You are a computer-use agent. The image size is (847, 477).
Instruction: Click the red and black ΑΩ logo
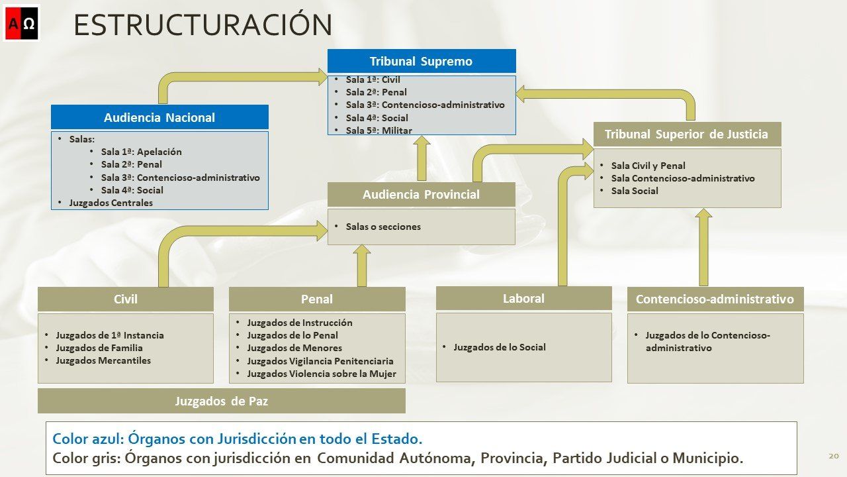tap(22, 23)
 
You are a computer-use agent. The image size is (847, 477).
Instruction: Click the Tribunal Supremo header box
tap(422, 61)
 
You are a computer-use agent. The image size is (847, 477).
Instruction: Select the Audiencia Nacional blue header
tap(159, 117)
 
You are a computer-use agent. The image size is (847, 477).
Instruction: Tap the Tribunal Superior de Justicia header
tap(687, 134)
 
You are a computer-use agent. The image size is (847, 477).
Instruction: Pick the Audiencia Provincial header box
tap(422, 194)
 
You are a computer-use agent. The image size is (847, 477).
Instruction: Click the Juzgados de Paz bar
tap(222, 401)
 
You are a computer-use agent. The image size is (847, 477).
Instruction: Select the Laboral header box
tap(523, 298)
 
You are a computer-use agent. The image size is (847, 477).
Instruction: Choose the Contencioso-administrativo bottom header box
tap(715, 299)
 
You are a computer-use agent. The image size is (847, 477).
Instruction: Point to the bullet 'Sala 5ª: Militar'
tap(379, 131)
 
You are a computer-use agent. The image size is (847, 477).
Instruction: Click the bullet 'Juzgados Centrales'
tap(111, 203)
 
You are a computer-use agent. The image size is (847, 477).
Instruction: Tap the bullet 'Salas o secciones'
tap(383, 227)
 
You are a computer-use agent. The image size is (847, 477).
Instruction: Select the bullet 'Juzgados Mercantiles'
tap(103, 360)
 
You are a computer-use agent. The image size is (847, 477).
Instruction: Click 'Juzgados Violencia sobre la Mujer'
tap(322, 374)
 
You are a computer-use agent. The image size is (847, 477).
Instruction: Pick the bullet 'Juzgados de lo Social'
tap(500, 347)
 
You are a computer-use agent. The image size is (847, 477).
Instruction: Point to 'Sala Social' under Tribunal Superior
tap(635, 191)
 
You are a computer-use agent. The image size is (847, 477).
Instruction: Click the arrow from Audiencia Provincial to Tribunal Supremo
tap(422, 158)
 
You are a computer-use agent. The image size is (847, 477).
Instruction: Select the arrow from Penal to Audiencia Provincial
tap(362, 266)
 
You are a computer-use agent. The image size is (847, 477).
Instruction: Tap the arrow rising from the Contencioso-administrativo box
tap(703, 247)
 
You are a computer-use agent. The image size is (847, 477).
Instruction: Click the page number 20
tap(834, 456)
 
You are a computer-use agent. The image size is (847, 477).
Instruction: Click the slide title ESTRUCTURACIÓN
tap(202, 25)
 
